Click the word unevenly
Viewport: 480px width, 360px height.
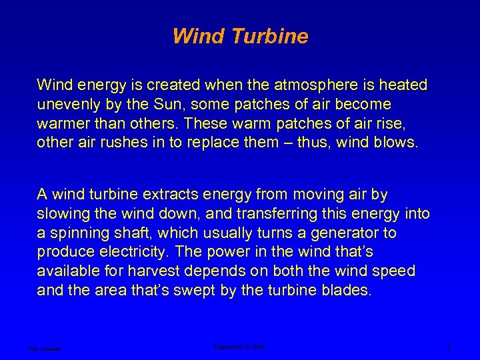point(68,105)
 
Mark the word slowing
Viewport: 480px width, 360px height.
point(63,214)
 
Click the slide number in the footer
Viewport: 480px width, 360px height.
point(450,347)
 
